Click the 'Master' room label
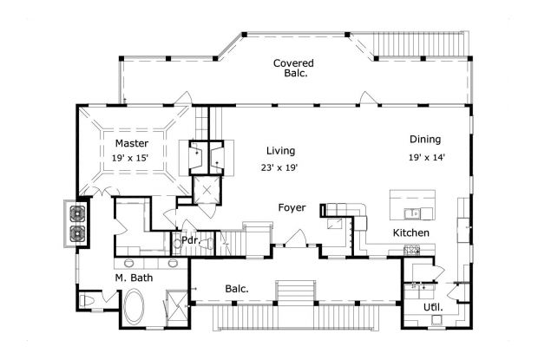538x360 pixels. (x=130, y=143)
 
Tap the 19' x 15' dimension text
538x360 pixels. (x=130, y=159)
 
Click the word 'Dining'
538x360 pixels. (x=425, y=140)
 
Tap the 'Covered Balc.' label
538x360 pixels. (x=292, y=69)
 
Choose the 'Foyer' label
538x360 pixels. (x=292, y=208)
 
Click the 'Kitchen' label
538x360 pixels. (x=412, y=233)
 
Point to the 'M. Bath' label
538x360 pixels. (x=134, y=278)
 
